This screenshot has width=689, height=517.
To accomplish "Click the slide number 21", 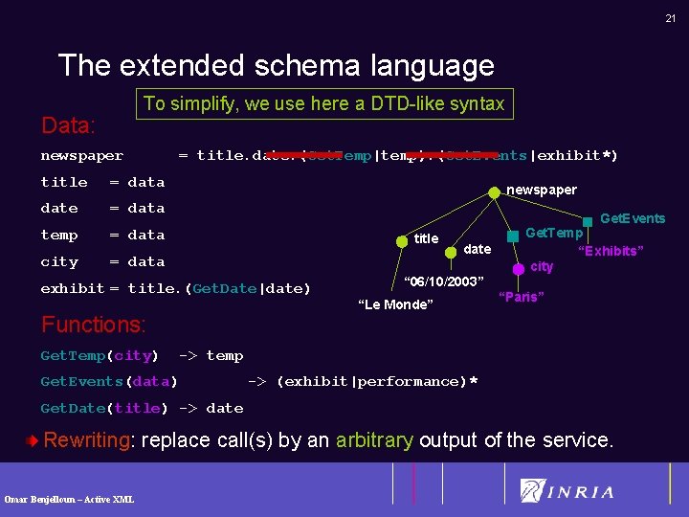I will click(x=670, y=18).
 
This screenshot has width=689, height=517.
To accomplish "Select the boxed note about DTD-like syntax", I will click(x=323, y=103).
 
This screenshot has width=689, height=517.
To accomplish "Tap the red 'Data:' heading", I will click(x=68, y=125).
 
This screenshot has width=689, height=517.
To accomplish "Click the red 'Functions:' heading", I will click(x=93, y=325).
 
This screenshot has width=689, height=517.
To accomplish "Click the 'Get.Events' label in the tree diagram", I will click(x=632, y=218).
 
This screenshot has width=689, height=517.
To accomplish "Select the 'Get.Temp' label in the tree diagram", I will click(x=554, y=233).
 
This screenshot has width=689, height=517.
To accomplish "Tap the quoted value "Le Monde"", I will click(x=394, y=304).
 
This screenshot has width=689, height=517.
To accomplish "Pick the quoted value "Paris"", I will click(x=522, y=297).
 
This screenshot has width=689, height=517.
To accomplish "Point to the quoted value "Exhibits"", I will click(x=609, y=251).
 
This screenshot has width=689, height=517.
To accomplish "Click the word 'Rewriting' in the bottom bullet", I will click(x=86, y=440).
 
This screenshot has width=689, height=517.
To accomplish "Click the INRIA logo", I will click(x=567, y=491).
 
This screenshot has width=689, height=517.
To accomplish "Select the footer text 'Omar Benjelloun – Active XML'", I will click(x=69, y=499).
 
